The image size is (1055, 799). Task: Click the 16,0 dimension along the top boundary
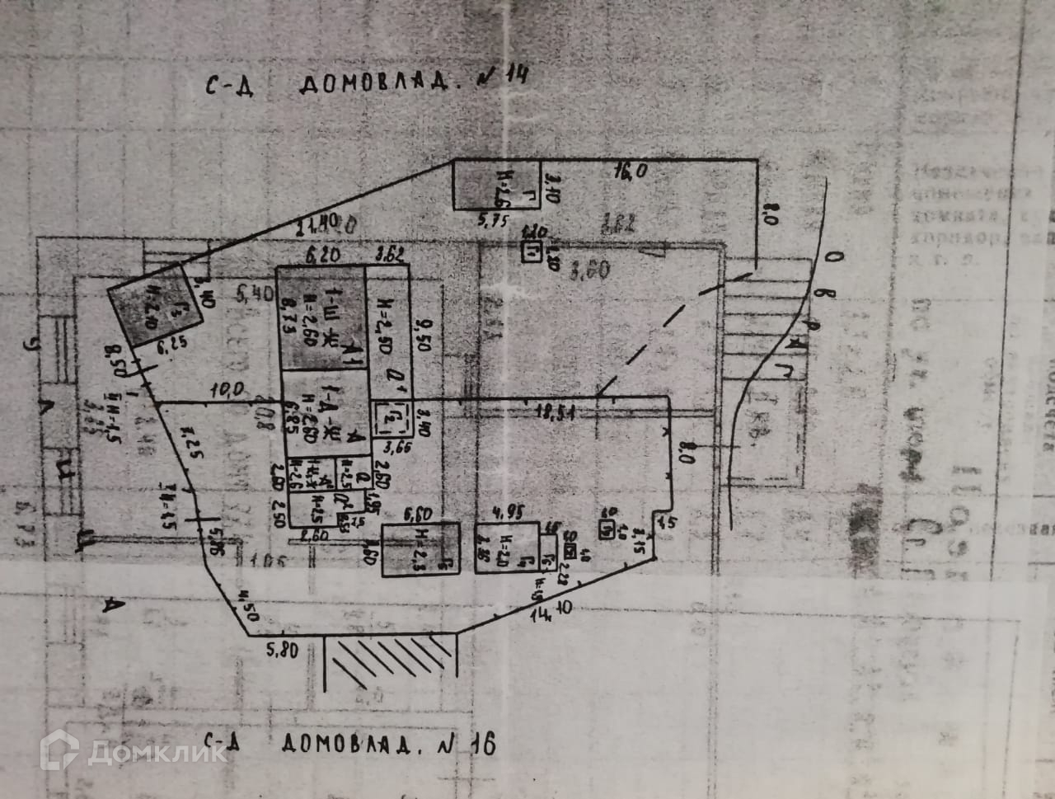631,172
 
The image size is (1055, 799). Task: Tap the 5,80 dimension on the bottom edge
283,649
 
